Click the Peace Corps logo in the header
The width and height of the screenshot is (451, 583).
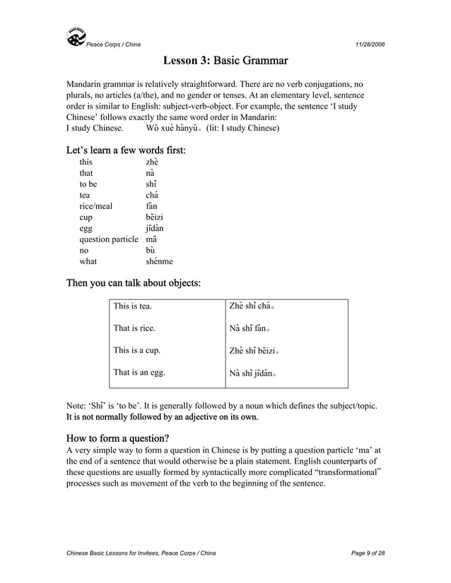coord(76,37)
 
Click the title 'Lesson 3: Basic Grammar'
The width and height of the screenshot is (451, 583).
coord(225,62)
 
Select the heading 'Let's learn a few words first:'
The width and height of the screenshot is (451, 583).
coord(126,150)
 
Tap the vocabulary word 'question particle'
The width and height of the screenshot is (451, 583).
coord(108,239)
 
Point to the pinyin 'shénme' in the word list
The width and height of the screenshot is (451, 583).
coord(159,261)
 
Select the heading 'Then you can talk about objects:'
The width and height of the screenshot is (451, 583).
coord(133,283)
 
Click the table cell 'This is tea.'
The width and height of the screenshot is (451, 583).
coord(132,306)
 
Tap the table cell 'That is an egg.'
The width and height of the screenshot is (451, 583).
coord(139,373)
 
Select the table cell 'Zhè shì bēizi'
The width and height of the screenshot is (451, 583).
coord(254,351)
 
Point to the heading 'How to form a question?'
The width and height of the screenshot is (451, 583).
coord(117,438)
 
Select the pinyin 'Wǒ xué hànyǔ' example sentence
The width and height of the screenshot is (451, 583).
coord(174,128)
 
